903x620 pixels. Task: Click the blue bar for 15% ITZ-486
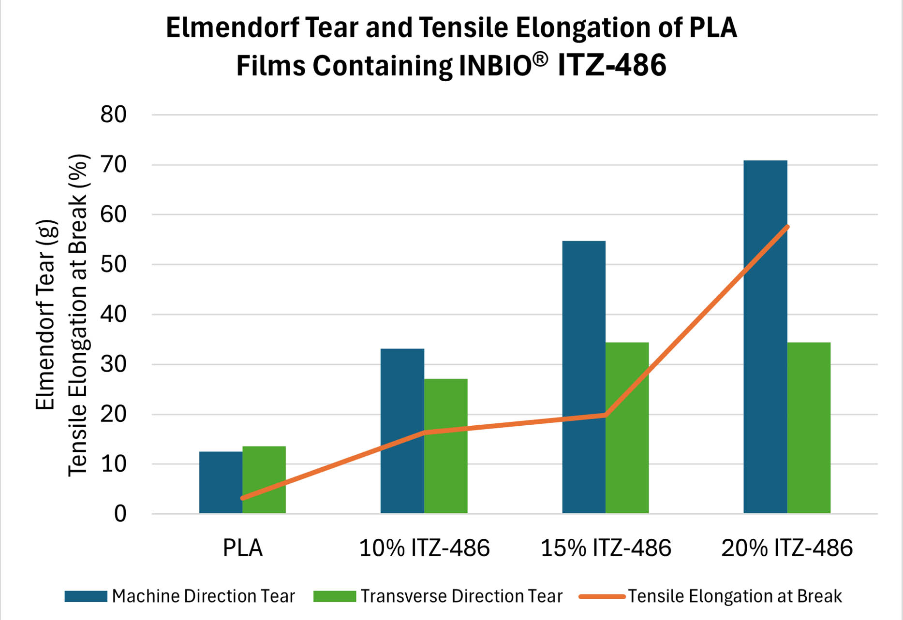tap(583, 377)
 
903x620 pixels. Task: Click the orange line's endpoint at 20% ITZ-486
tap(787, 227)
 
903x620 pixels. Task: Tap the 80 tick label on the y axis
tap(113, 115)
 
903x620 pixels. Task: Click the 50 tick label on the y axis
tap(113, 264)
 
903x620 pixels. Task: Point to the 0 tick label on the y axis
tap(120, 514)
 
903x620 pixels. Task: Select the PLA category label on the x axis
tap(243, 548)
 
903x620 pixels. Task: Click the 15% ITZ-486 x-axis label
tap(606, 548)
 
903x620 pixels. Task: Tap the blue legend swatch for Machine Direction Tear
tap(86, 596)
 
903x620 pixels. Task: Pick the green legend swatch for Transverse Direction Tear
tap(335, 596)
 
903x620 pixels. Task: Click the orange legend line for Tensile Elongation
tap(602, 596)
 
